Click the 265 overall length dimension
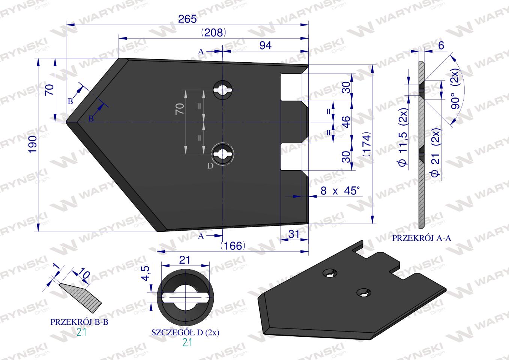pos(187,19)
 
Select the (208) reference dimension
pos(213,33)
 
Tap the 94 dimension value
pos(266,45)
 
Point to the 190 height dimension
pos(33,144)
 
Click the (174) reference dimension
pos(367,144)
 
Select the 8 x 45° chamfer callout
pos(340,191)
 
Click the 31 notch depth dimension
pos(294,234)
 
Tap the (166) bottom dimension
pos(233,246)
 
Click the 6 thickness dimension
pos(441,45)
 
